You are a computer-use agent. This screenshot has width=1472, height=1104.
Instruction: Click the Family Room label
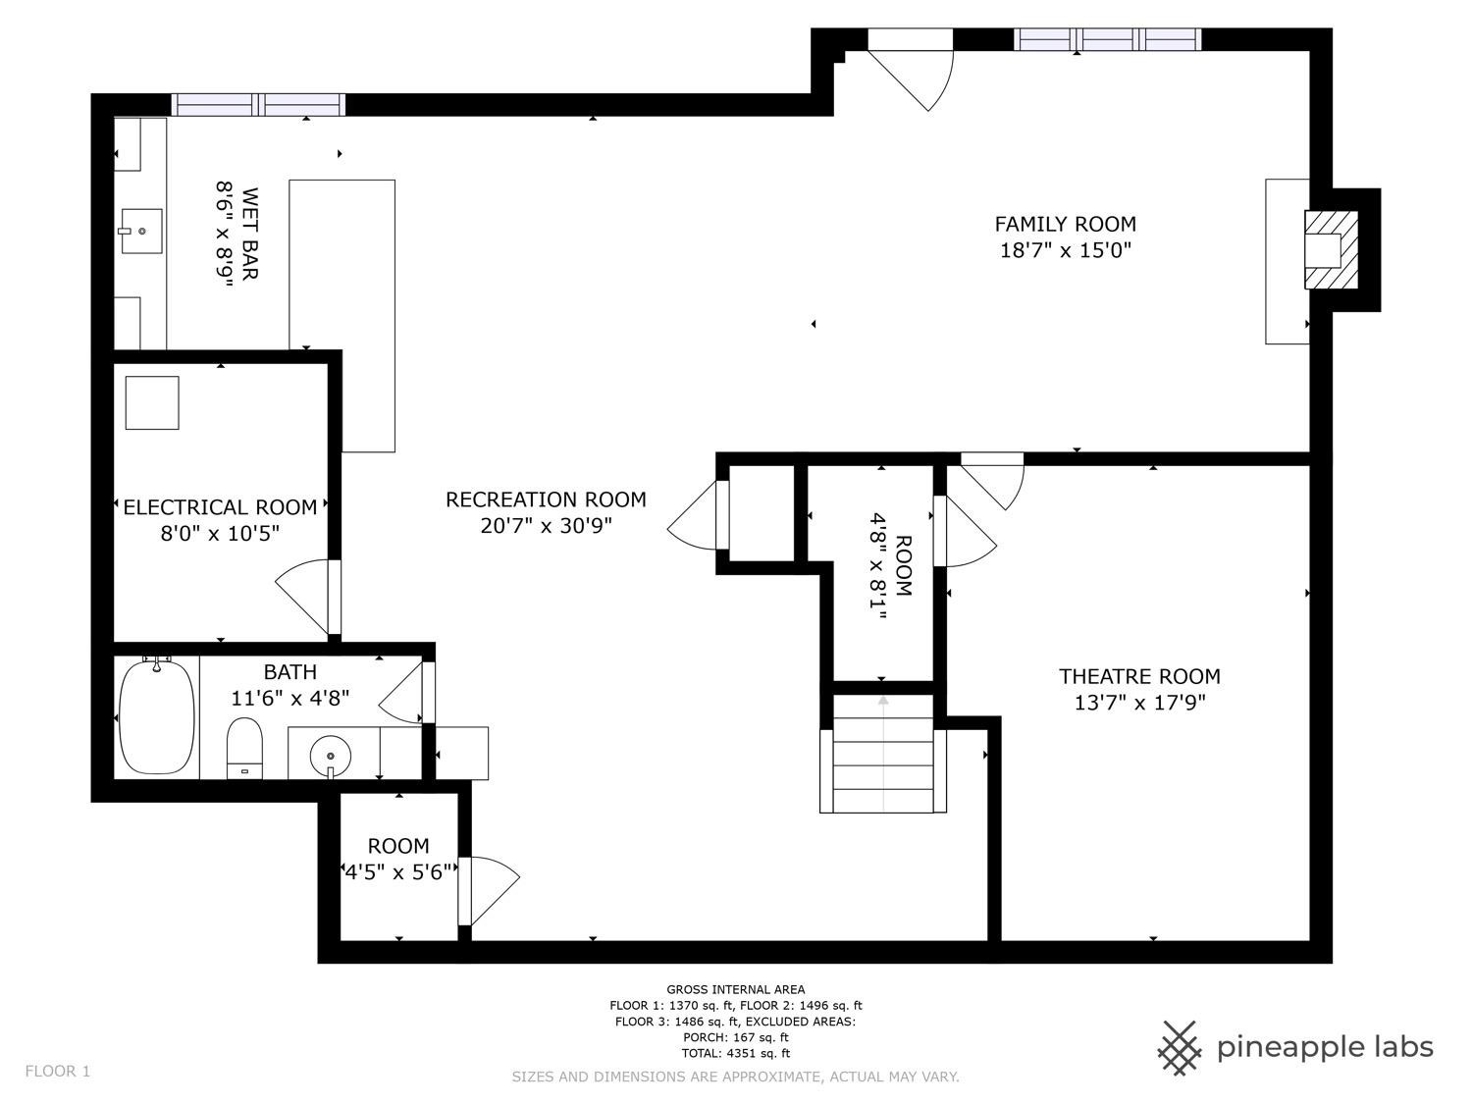point(1065,225)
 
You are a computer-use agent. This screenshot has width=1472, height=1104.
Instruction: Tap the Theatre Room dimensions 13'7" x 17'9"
point(1139,703)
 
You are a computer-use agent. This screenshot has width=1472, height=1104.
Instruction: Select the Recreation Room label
point(546,499)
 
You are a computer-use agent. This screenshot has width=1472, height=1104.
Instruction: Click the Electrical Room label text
point(220,507)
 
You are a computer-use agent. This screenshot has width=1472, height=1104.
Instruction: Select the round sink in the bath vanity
point(331,756)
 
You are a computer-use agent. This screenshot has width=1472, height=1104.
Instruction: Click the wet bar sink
point(141,231)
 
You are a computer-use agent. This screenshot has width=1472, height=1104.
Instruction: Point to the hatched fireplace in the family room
point(1332,249)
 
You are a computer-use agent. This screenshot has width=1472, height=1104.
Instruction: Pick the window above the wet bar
point(258,104)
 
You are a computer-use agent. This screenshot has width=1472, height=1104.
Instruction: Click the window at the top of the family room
point(1107,39)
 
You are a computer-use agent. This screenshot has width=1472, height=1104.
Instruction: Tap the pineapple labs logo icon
point(1180,1047)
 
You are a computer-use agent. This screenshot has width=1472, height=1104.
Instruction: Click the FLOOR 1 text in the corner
point(57,1071)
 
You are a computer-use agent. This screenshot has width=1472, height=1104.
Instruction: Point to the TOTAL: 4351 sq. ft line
point(735,1053)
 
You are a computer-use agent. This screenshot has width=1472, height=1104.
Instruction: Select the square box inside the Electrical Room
point(152,402)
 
